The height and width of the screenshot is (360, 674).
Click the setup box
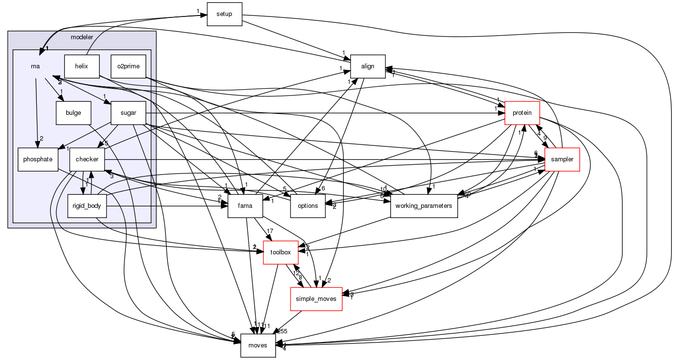224,14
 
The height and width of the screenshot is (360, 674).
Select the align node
368,66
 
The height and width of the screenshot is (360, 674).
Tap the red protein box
522,113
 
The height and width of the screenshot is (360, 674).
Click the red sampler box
562,159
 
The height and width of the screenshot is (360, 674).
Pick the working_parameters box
424,206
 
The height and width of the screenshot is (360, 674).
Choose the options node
307,206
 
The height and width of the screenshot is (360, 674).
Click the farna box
245,206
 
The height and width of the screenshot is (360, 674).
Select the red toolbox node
280,252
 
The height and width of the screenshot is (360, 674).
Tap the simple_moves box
316,299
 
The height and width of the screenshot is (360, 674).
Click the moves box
258,345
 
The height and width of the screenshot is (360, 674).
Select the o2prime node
128,66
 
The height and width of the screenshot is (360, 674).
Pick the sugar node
128,113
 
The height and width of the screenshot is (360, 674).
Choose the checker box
87,159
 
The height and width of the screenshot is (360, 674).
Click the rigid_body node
87,206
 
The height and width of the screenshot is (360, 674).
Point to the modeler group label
82,37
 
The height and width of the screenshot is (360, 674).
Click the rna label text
34,66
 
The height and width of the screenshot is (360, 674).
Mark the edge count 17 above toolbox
270,231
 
